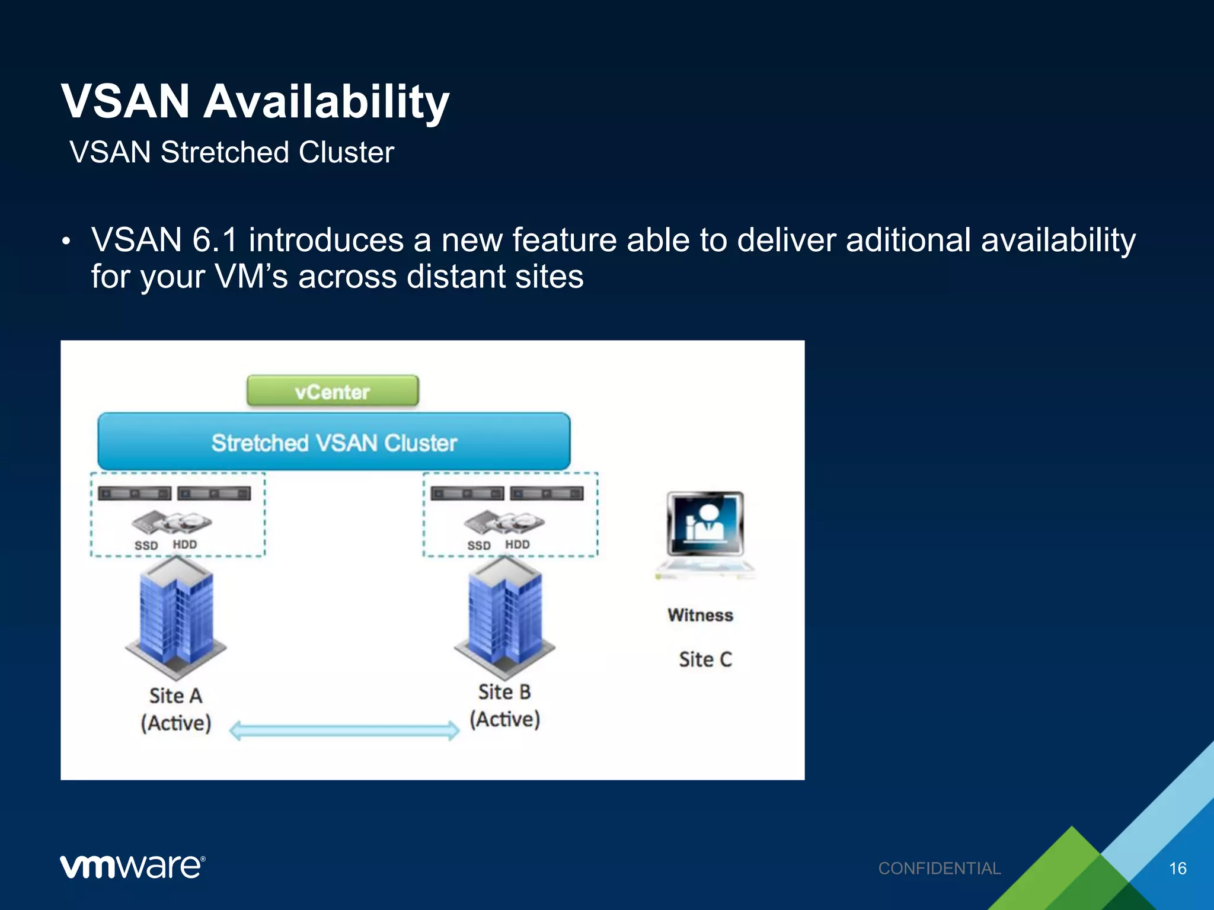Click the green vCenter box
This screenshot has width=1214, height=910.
(x=333, y=391)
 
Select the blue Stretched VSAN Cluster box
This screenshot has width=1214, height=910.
(x=334, y=442)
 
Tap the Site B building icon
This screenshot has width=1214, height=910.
(x=505, y=616)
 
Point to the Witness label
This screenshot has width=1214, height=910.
(x=700, y=615)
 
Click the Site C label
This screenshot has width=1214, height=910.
(x=705, y=659)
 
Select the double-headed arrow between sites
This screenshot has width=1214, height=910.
(x=344, y=730)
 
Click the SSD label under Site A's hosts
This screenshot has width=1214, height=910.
(x=146, y=545)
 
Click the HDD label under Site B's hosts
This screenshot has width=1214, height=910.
(x=517, y=544)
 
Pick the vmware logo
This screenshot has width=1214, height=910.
(x=132, y=867)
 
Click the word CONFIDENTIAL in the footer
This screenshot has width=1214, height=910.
(x=940, y=869)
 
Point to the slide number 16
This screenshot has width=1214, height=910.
(x=1177, y=869)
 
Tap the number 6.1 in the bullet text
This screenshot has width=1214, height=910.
(x=215, y=240)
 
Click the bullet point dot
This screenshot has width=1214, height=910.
(x=66, y=241)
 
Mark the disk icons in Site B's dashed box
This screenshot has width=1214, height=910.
(x=504, y=522)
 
